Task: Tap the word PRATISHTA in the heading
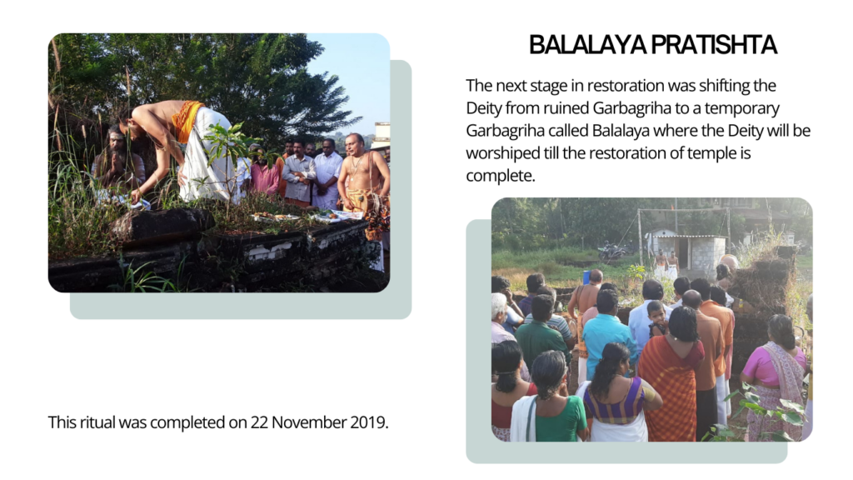[x=714, y=45]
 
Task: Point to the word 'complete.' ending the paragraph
[x=501, y=176]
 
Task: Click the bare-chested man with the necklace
[x=362, y=174]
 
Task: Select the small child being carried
[x=658, y=317]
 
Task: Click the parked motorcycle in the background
[x=612, y=251]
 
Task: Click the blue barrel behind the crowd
[x=586, y=277]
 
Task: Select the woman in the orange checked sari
[x=671, y=376]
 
